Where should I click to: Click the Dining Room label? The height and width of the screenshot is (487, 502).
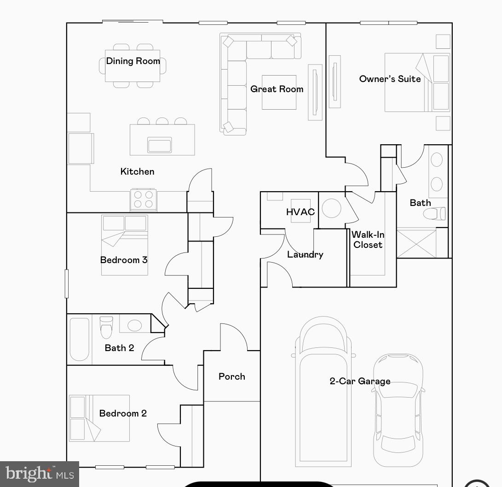click(133, 61)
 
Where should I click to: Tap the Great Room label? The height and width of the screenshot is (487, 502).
click(277, 89)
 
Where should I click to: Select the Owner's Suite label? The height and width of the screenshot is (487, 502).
click(390, 79)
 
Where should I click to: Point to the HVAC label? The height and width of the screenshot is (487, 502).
click(300, 212)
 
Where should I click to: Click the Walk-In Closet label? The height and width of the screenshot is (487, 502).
click(368, 240)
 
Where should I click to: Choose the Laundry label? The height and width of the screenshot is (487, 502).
click(305, 254)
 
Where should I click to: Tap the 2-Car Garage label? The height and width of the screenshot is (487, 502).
click(360, 381)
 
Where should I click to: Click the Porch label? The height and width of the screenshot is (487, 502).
click(231, 376)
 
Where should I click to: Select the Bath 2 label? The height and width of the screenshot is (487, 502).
click(119, 348)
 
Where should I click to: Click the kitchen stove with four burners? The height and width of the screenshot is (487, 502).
click(143, 200)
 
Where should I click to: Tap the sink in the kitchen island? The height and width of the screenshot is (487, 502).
click(159, 145)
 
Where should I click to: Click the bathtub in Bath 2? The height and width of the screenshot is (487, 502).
click(79, 339)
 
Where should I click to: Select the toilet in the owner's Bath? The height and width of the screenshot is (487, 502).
click(434, 214)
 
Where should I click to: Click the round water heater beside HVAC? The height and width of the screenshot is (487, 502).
click(331, 208)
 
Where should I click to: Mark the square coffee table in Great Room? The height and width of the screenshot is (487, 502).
click(279, 92)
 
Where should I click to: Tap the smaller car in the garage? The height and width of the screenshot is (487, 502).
click(398, 409)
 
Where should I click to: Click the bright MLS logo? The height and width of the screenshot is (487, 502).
click(40, 474)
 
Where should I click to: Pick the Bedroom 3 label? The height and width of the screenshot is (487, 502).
click(124, 260)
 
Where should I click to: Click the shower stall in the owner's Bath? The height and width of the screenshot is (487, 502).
click(416, 243)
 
